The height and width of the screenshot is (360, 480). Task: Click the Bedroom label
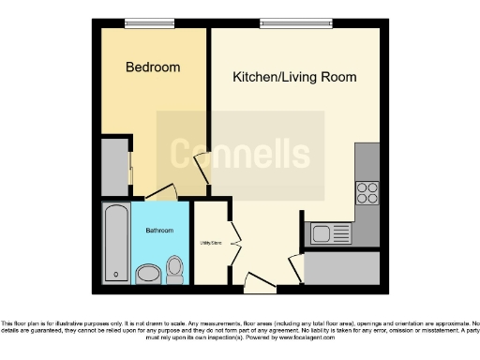point(153,67)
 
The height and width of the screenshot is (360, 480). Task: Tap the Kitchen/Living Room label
point(294,77)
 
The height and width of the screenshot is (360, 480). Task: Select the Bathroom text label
point(158,231)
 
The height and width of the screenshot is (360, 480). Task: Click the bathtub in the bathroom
point(116,243)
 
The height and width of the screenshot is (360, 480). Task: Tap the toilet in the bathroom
point(174,270)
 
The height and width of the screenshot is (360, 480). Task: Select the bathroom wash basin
point(148,274)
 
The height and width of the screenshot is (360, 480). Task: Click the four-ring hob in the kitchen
point(367,193)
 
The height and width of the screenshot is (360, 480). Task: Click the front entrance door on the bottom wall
point(255,279)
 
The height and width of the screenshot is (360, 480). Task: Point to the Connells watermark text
point(240,153)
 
